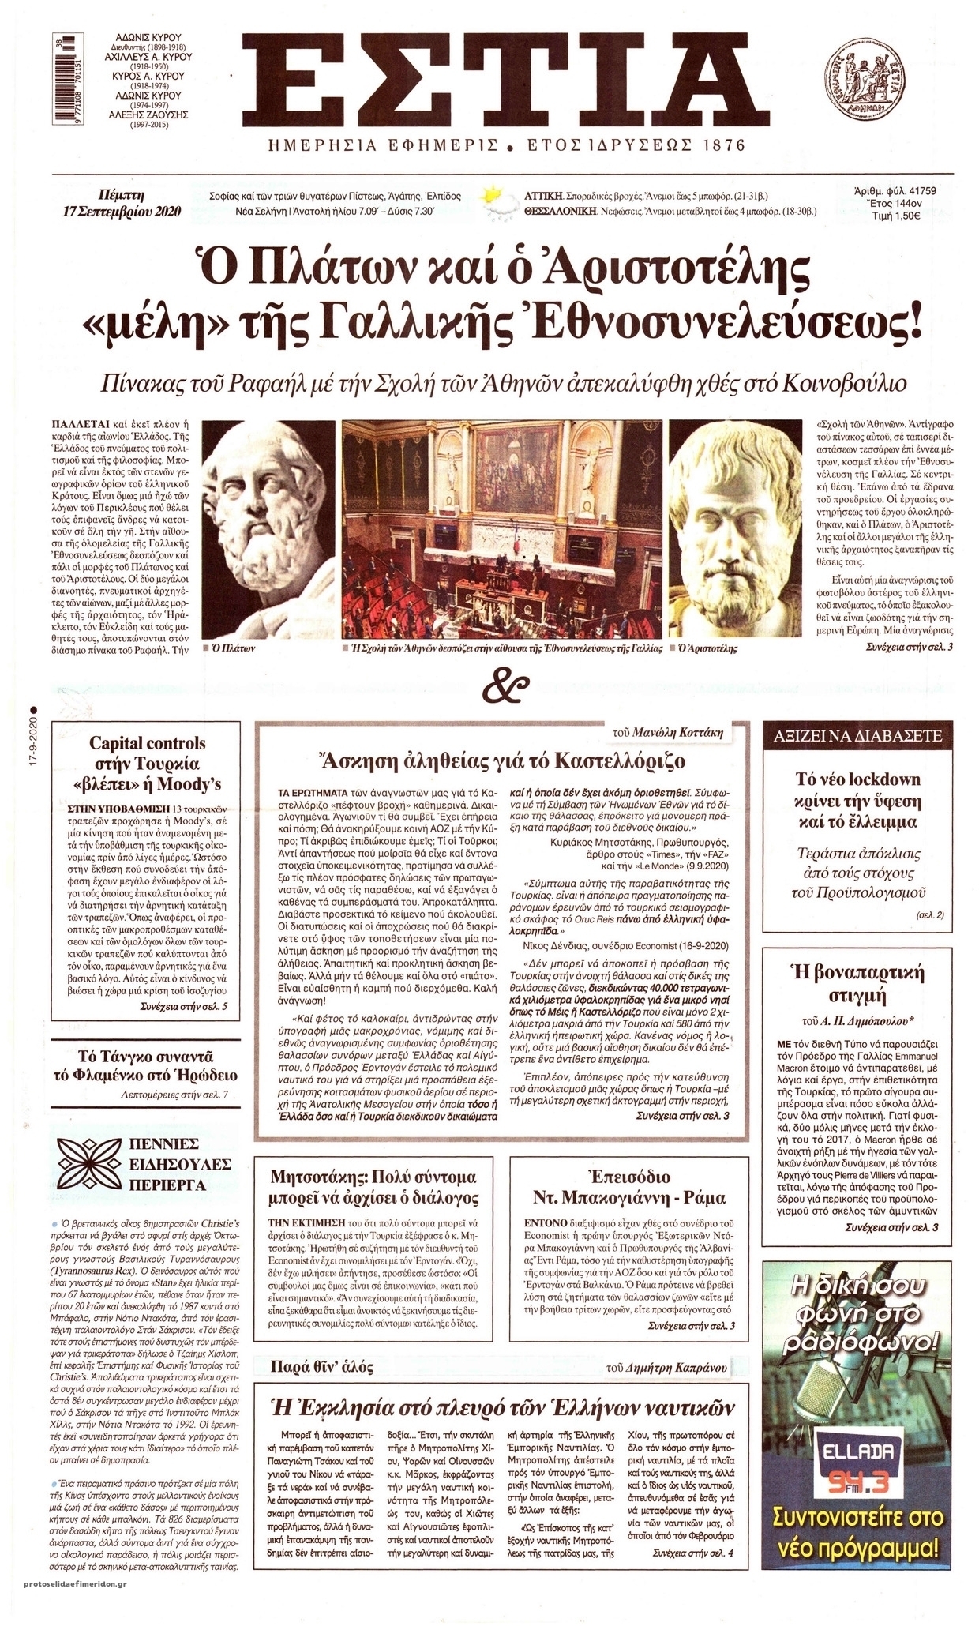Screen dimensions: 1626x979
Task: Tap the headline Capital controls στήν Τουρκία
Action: [147, 763]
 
